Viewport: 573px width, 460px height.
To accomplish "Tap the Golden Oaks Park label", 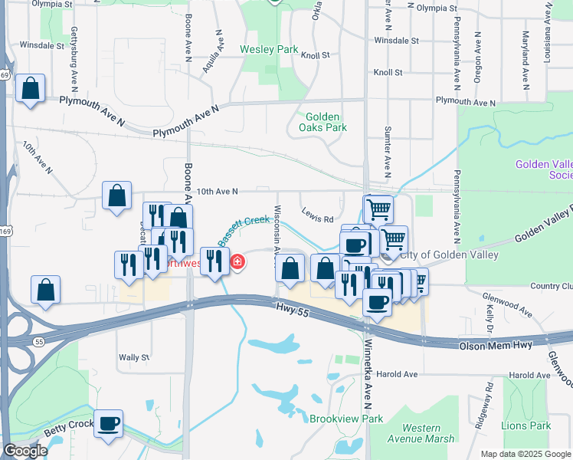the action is (323, 122).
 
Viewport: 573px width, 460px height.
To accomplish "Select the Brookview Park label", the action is (345, 419).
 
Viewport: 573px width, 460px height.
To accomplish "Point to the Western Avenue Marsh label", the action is (421, 433).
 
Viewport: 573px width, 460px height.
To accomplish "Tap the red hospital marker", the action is (237, 263).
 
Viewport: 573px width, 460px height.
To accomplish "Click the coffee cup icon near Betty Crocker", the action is (108, 422).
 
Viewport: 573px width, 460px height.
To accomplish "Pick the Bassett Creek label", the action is (244, 229).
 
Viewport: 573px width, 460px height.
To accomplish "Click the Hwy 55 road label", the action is (292, 307).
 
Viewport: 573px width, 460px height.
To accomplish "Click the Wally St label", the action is (133, 357).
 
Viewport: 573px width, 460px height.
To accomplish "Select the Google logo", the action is (25, 451).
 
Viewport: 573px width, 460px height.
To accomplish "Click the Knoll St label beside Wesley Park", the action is (315, 55).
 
